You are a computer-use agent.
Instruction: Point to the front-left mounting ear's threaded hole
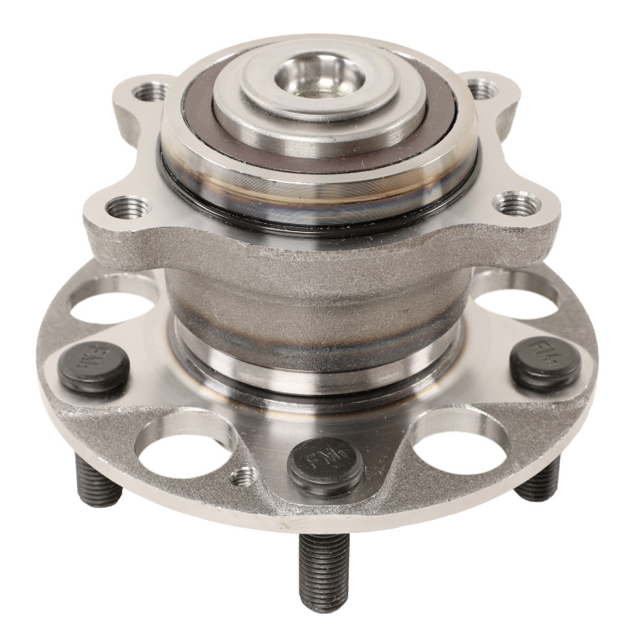(x=127, y=207)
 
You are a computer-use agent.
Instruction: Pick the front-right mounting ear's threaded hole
(x=510, y=202)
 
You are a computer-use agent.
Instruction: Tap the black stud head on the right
(x=546, y=364)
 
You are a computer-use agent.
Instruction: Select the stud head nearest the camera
(x=325, y=465)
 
